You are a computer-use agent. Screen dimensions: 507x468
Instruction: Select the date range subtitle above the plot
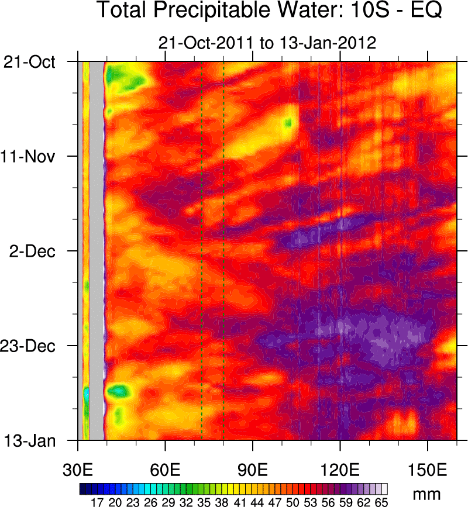267,43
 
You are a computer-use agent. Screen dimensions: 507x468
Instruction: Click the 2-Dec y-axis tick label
36,251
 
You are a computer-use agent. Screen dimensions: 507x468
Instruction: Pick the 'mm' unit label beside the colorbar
427,495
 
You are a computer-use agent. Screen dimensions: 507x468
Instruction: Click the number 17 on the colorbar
97,501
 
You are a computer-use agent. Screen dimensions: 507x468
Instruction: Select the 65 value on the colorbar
381,501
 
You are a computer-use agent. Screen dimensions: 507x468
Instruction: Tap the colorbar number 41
239,501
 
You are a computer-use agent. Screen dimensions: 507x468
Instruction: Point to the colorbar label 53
311,501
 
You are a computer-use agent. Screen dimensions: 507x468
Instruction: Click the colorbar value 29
168,501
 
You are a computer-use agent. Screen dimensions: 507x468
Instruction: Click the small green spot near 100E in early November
288,123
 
